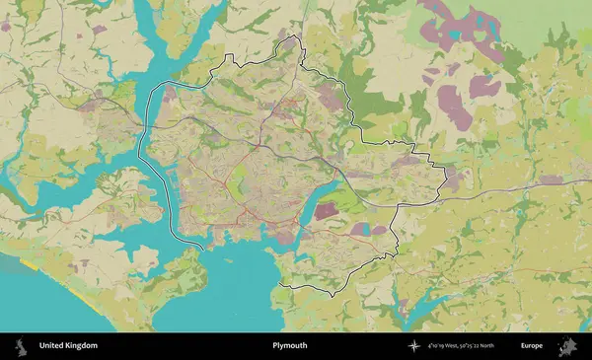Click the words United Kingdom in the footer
pos(68,346)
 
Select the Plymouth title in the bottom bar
pos(290,346)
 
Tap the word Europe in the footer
pos(532,346)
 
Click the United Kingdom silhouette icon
pos(20,346)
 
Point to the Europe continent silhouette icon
pos(567,346)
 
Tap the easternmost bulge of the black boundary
pos(446,178)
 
